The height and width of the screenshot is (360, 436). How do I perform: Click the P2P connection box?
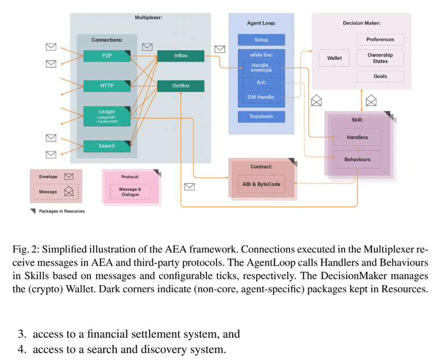[107, 56]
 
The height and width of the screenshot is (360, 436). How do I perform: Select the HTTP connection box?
[107, 86]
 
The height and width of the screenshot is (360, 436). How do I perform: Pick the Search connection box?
[107, 146]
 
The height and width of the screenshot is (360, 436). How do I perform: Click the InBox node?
[181, 56]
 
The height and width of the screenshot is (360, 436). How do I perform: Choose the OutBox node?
[181, 86]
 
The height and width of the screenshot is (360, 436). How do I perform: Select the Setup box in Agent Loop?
[261, 40]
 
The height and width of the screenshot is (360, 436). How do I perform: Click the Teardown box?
[261, 116]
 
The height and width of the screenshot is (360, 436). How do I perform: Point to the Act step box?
[261, 82]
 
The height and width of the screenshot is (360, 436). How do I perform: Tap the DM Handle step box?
[261, 97]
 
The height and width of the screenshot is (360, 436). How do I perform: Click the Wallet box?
[334, 58]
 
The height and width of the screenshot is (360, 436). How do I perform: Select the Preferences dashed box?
[380, 40]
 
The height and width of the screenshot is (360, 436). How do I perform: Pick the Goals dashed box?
[380, 76]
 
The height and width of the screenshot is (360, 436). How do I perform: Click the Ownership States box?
[380, 58]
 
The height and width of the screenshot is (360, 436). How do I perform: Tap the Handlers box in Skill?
[357, 137]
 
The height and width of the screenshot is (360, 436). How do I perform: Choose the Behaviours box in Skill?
[357, 160]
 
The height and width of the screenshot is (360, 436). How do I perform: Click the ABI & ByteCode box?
[262, 184]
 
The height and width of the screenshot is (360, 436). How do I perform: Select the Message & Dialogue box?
[130, 192]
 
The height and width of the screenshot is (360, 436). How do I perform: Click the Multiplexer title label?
[148, 18]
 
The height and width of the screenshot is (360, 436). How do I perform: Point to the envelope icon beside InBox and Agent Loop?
[219, 49]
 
